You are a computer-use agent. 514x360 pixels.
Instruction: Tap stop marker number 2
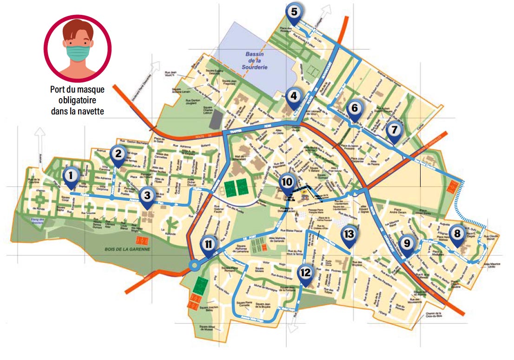tap(118, 153)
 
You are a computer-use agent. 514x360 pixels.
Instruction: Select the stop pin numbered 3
tap(147, 196)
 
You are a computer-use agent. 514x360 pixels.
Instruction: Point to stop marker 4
tap(293, 97)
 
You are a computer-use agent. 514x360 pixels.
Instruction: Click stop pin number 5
tap(294, 11)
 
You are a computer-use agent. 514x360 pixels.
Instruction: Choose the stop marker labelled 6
tap(355, 109)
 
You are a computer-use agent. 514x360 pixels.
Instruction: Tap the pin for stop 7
tap(394, 129)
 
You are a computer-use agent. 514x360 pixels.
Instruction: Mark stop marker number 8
tap(457, 233)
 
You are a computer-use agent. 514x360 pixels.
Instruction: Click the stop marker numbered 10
tap(287, 182)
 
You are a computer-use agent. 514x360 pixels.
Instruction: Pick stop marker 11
tap(208, 244)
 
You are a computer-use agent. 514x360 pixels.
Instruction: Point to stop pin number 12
tap(305, 273)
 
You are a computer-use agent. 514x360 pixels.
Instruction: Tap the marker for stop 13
tap(349, 234)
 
